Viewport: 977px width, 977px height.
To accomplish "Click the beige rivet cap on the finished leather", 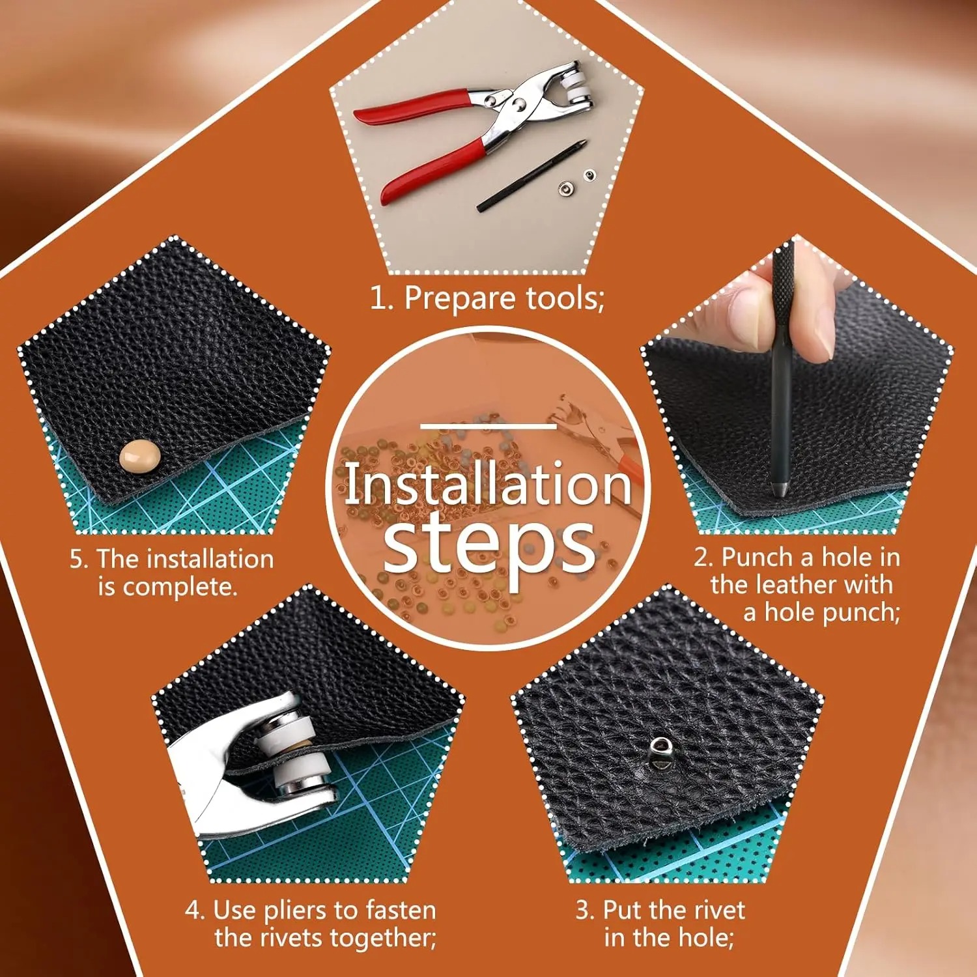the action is pyautogui.click(x=140, y=456).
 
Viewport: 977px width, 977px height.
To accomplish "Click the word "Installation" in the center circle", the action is pyautogui.click(x=488, y=484).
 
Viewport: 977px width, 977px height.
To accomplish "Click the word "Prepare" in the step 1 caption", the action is pyautogui.click(x=460, y=299).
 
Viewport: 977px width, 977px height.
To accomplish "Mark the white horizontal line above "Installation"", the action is pyautogui.click(x=488, y=427).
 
